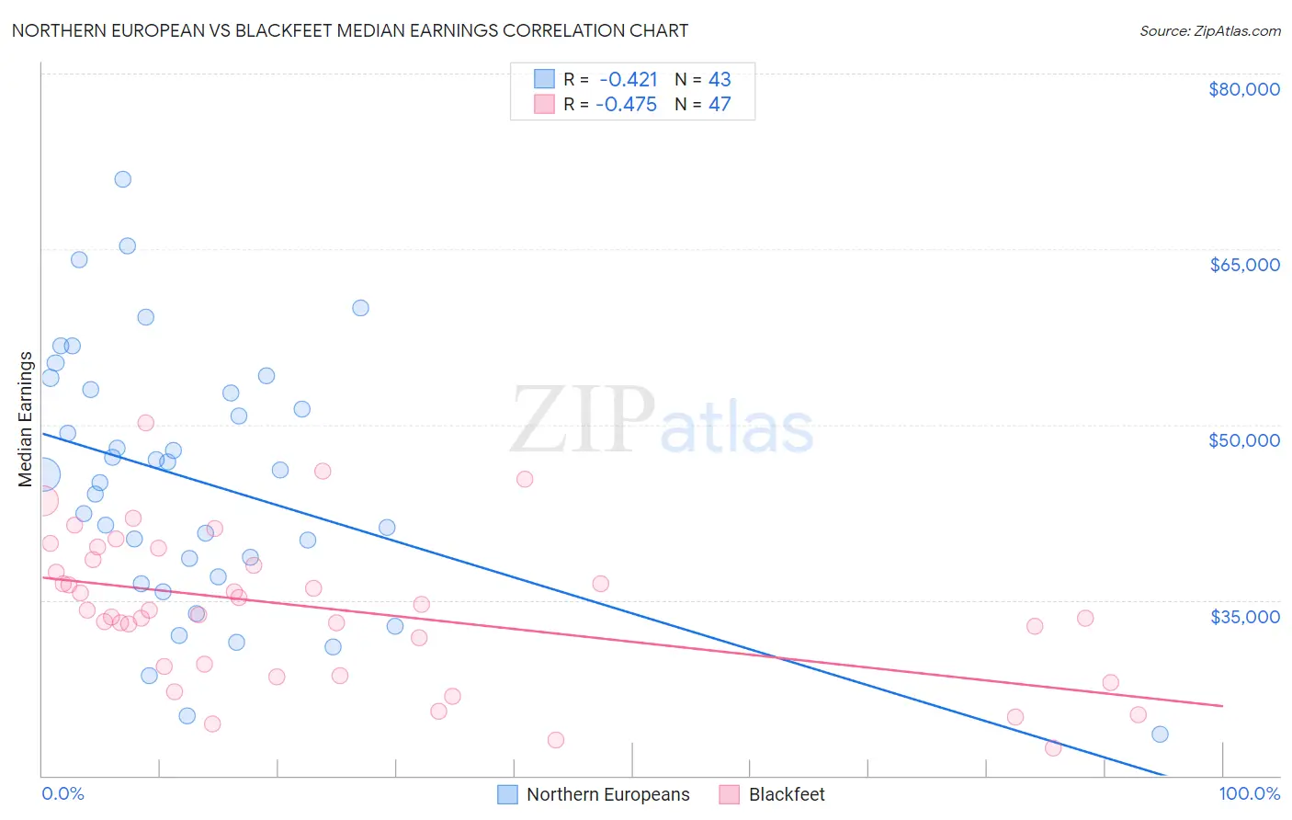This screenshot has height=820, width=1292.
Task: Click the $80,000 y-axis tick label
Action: (1244, 89)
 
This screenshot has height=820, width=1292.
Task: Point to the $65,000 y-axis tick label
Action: (1244, 265)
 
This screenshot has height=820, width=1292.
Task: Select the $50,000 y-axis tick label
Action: (1244, 440)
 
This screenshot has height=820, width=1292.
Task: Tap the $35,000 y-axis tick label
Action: (1244, 616)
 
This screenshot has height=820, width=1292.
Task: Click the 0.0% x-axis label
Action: (62, 793)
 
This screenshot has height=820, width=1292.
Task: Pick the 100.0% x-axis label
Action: (1249, 793)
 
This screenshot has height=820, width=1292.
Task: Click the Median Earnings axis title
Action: (26, 419)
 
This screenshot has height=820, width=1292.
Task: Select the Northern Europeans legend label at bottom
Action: (607, 794)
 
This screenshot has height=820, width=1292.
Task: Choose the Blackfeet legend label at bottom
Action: (787, 794)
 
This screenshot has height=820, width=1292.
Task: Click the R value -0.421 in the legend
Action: (629, 80)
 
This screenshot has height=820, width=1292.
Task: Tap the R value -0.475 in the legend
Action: (627, 105)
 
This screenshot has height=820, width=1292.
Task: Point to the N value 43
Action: (720, 80)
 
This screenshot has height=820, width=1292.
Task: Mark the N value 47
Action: (720, 105)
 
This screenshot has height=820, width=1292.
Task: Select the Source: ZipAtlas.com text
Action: (1209, 31)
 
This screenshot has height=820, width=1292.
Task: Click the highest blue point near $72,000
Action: (122, 179)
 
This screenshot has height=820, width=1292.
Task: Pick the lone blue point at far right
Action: (1160, 734)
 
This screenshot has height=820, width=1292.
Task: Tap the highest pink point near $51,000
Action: (145, 423)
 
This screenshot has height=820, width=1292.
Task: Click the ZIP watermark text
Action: (582, 420)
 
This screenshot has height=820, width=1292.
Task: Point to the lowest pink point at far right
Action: (1053, 747)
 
